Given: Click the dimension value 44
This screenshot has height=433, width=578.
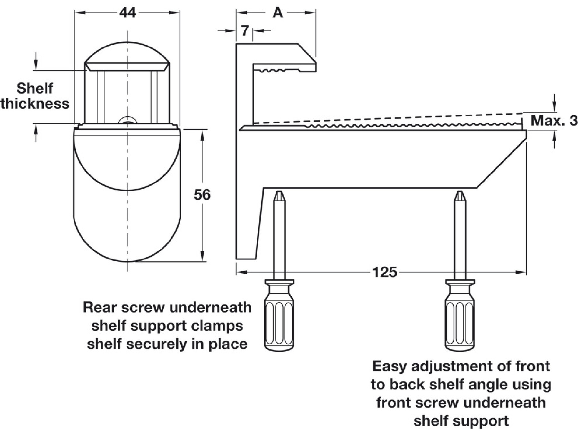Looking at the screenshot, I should coord(127,13).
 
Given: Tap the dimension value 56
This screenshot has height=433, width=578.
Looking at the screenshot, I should coord(202,195).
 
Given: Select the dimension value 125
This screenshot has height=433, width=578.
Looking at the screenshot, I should coord(385,272).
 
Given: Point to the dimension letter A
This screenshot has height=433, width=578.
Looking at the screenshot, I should coord(277,13).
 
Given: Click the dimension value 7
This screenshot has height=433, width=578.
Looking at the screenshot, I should coord(245,31).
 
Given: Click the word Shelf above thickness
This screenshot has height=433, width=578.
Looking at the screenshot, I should coord(35,88).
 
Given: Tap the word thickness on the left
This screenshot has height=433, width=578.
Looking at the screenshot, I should coord(35,104).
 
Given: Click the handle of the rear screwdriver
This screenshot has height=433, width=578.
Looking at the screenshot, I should coord(279,324).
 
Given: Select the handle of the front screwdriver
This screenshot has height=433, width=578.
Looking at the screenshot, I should coord(460,324).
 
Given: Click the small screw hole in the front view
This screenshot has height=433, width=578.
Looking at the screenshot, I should coord(127,121).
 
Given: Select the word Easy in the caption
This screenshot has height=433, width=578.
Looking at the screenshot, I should coord(390,366).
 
